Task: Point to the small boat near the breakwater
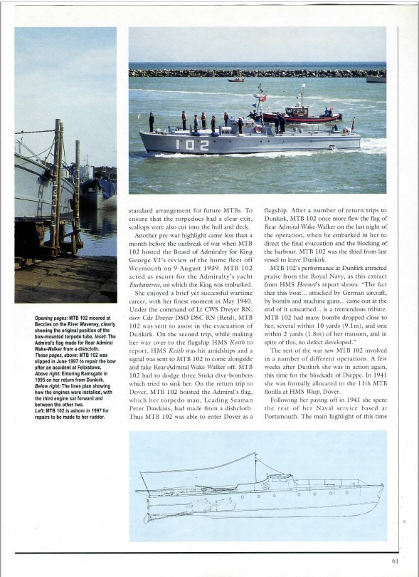235,79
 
